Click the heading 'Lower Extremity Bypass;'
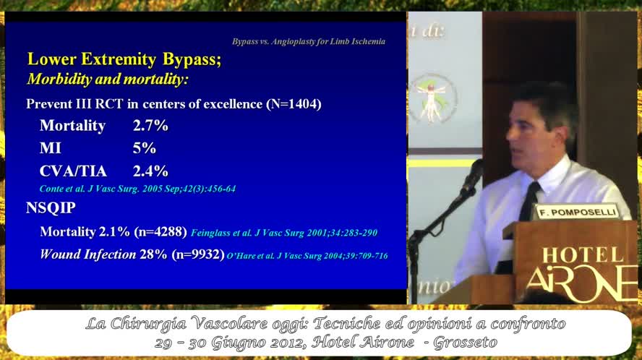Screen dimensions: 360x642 pyautogui.click(x=124, y=59)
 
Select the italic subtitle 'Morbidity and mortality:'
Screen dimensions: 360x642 pyautogui.click(x=108, y=79)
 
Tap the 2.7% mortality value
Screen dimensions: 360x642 pyautogui.click(x=150, y=126)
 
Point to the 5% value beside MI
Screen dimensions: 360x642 pyautogui.click(x=145, y=148)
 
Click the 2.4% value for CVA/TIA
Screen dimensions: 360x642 pyautogui.click(x=150, y=171)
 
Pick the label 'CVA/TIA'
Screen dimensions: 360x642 pyautogui.click(x=73, y=171)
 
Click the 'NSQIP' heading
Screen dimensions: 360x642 pyautogui.click(x=51, y=208)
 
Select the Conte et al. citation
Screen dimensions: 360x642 pyautogui.click(x=137, y=189)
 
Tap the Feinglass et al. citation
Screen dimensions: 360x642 pyautogui.click(x=283, y=233)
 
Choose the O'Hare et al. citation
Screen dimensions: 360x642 pyautogui.click(x=307, y=256)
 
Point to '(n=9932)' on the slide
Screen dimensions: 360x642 pyautogui.click(x=197, y=254)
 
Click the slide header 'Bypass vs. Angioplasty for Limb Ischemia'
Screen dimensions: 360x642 pyautogui.click(x=308, y=42)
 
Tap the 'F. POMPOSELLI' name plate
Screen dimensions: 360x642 pyautogui.click(x=568, y=213)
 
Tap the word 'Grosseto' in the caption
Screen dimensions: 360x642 pyautogui.click(x=465, y=342)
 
